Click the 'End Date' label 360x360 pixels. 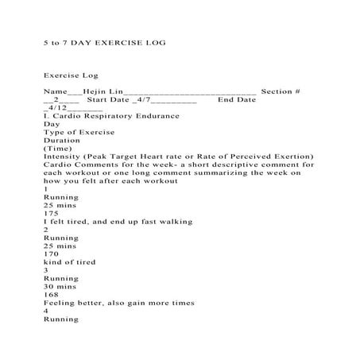click(x=237, y=101)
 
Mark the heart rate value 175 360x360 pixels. click(x=52, y=213)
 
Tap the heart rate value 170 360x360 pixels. click(x=52, y=254)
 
